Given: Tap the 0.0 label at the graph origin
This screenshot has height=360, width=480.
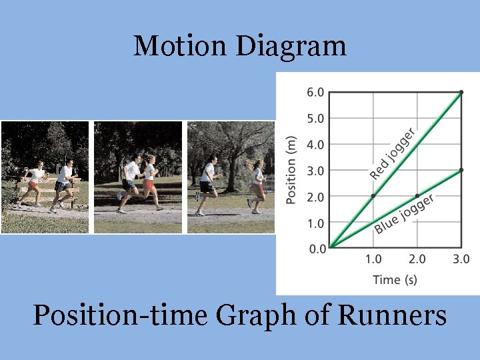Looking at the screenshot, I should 317,249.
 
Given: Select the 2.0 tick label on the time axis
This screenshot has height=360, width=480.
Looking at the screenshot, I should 417,259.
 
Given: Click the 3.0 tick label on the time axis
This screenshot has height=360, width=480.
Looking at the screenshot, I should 461,259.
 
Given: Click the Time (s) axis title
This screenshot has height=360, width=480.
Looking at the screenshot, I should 395,279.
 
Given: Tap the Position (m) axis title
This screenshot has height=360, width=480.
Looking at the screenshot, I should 291,171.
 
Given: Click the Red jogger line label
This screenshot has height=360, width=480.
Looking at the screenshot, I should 393,153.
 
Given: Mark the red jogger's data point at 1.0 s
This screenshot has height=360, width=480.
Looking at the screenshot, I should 373,196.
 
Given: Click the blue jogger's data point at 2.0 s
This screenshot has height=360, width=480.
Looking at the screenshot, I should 417,196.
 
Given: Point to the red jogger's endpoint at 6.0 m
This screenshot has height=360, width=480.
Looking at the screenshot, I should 461,92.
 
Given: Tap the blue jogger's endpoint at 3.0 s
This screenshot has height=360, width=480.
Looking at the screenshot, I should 461,171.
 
